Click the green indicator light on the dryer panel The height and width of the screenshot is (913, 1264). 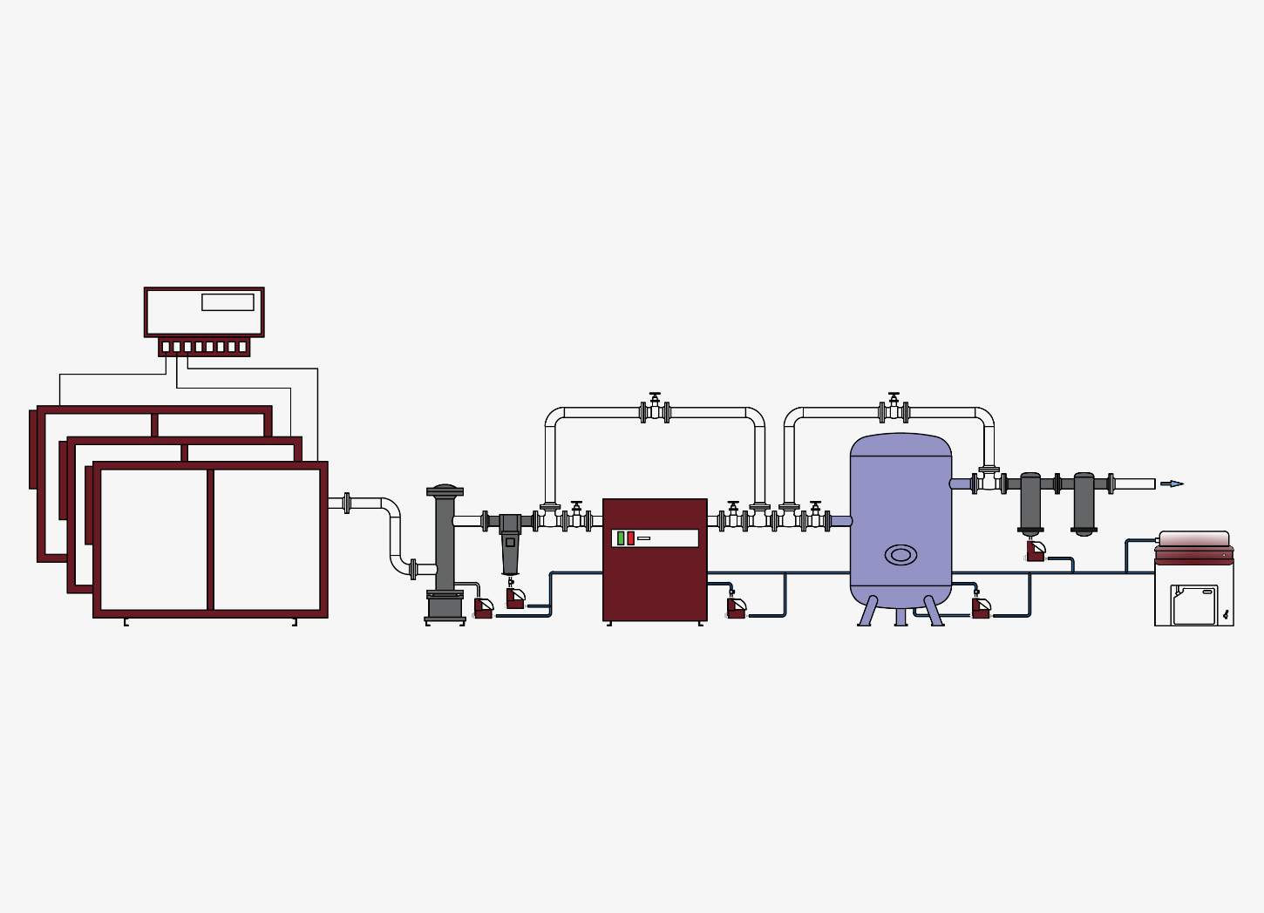click(x=621, y=538)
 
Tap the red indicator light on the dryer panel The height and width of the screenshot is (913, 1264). click(x=631, y=538)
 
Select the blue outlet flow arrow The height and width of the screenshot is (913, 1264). click(x=1172, y=484)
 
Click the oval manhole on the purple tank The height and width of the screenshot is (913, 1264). click(x=900, y=555)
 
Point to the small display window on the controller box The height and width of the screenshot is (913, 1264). click(x=228, y=302)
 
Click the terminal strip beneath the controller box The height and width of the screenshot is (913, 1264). click(x=204, y=347)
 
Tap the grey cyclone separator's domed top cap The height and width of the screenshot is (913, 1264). click(x=445, y=490)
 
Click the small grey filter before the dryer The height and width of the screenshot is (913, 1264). click(x=510, y=544)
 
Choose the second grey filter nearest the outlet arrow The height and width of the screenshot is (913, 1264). click(x=1084, y=503)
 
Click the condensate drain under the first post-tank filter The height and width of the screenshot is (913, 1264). click(x=1036, y=551)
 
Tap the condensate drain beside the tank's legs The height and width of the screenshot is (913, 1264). click(x=981, y=609)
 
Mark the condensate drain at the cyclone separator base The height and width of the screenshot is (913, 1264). click(x=483, y=608)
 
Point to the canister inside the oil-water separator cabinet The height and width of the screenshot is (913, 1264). click(x=1194, y=605)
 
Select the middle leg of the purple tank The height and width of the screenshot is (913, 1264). click(x=900, y=617)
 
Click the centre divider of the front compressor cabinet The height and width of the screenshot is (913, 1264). click(x=210, y=539)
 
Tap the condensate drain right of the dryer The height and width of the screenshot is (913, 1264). click(x=736, y=608)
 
